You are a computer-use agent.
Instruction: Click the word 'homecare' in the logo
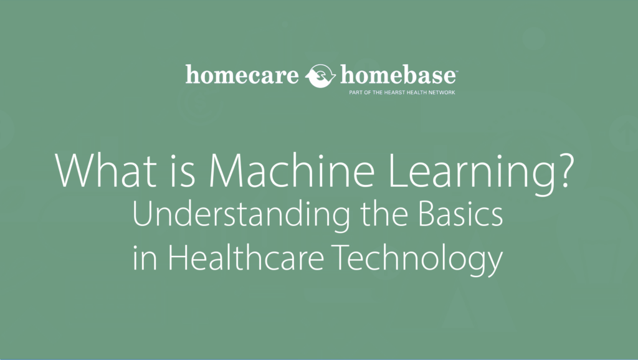244,75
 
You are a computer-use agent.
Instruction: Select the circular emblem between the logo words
322,76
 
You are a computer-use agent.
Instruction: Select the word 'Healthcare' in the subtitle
254,258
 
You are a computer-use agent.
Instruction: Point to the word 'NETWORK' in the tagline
439,93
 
